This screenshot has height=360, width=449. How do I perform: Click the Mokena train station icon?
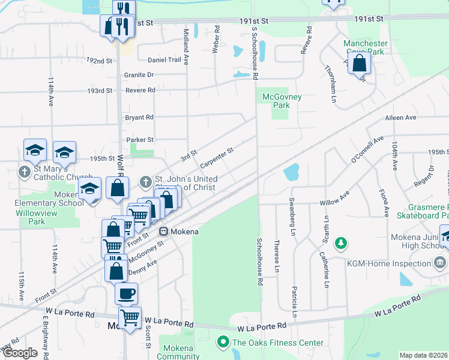tap(163, 231)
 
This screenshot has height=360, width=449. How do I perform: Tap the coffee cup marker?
tap(126, 293)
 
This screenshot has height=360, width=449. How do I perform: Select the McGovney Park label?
tap(282, 101)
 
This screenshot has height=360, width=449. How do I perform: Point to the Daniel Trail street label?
tap(164, 60)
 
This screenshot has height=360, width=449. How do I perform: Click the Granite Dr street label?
tap(139, 75)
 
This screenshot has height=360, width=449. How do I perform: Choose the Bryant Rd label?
tap(140, 118)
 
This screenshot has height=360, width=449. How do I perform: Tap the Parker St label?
tap(140, 140)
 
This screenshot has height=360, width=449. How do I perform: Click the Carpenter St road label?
tap(216, 158)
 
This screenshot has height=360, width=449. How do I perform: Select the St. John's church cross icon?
tap(145, 181)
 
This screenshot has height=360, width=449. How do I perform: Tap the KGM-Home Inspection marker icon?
tap(439, 263)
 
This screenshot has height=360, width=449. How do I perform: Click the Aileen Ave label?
tap(400, 118)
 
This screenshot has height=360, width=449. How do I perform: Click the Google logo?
tap(20, 353)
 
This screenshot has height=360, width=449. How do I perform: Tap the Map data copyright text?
tap(423, 355)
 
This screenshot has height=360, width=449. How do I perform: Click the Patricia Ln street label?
tap(295, 302)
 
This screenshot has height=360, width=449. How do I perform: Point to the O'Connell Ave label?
tap(367, 150)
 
